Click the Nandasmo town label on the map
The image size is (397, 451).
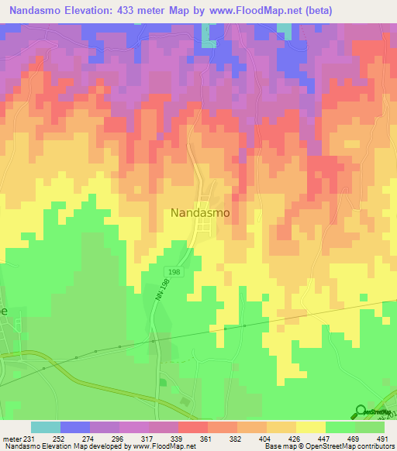tap(199, 211)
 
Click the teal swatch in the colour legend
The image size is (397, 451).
tap(45, 427)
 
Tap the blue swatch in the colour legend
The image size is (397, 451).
tap(74, 427)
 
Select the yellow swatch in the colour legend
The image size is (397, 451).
tap(309, 427)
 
